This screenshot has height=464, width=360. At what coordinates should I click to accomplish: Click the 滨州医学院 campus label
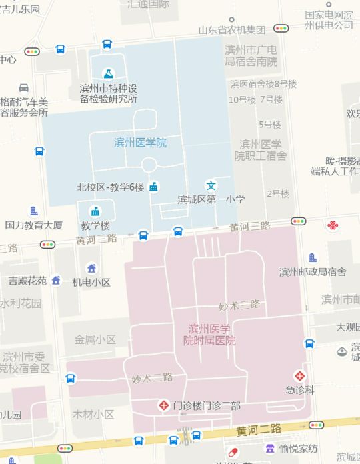(x=140, y=143)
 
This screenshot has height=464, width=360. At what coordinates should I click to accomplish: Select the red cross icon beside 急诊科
(x=301, y=375)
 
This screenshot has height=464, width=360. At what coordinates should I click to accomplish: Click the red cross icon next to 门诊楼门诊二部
(x=163, y=405)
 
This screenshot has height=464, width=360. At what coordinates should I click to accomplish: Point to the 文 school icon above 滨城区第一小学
(x=211, y=185)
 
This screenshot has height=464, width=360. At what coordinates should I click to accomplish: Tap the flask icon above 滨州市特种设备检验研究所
(x=107, y=73)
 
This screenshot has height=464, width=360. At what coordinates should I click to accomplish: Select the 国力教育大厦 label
(x=34, y=225)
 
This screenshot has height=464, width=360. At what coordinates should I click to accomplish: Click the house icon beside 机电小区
(x=92, y=269)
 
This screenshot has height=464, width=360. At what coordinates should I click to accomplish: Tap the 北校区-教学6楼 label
(x=111, y=187)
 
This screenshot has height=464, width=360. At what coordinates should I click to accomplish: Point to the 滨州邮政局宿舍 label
(x=313, y=271)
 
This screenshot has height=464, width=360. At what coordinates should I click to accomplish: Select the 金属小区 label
(x=95, y=339)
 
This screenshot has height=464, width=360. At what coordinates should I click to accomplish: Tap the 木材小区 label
(x=93, y=414)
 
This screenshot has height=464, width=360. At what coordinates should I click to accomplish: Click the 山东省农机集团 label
(x=232, y=30)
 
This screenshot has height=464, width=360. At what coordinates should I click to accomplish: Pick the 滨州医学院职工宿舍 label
(x=261, y=150)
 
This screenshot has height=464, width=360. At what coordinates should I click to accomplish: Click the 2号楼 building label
(x=278, y=194)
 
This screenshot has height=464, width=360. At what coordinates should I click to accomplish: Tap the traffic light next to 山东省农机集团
(x=281, y=29)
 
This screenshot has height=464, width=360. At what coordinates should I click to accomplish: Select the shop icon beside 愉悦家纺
(x=270, y=448)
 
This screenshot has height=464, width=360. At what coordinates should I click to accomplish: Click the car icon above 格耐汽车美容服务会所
(x=24, y=88)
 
